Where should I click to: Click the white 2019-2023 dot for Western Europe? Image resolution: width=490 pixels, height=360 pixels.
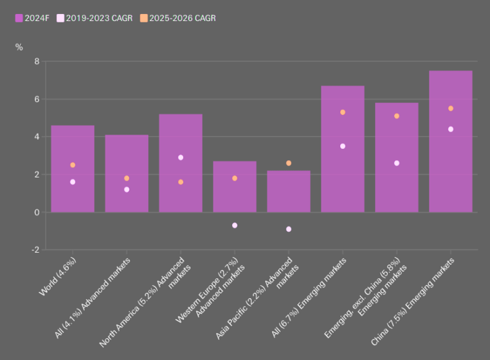coord(235,225)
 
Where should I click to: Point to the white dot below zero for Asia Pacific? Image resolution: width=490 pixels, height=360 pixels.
coord(288,229)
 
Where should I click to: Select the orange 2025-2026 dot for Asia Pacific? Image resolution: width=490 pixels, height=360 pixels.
coord(288,163)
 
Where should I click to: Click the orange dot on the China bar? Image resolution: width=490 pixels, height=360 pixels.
coord(450,109)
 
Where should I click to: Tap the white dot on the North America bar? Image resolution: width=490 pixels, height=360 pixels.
coord(181,158)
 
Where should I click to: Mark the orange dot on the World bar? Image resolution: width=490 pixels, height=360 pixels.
coord(73,165)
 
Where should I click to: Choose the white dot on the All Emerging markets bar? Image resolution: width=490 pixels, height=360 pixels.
coord(343,146)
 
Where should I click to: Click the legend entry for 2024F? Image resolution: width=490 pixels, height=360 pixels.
coord(32,18)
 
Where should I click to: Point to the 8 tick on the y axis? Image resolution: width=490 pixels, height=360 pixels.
coord(36,62)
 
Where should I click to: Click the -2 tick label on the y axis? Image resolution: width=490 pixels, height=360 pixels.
coord(34,250)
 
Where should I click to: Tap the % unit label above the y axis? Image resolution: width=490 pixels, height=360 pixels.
coord(19,47)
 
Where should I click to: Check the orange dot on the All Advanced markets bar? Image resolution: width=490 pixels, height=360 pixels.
coord(127,178)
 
